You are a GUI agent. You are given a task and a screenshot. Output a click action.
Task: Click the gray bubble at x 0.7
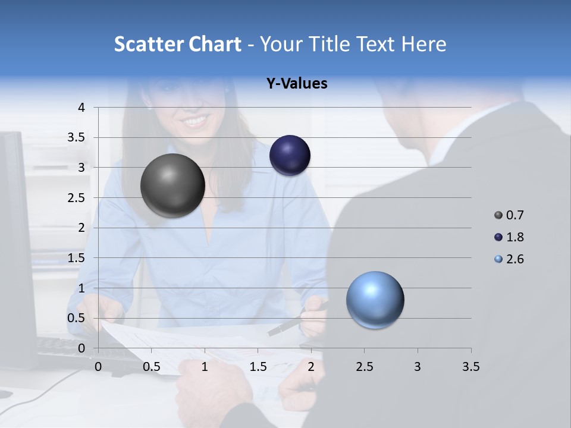point(172,185)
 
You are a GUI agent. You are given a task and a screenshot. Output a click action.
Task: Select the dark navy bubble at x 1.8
point(290,155)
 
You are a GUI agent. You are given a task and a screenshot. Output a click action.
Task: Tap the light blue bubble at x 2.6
point(375,300)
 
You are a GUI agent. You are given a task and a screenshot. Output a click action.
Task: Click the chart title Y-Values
point(296,84)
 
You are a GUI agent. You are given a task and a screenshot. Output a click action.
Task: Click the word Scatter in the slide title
point(148,44)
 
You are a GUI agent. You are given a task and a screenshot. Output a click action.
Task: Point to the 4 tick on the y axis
point(82,107)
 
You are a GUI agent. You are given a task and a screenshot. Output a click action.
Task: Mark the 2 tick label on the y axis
point(82,228)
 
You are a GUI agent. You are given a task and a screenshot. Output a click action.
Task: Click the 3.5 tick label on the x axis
point(470,367)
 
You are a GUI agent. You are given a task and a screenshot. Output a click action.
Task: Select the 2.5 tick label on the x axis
point(364,367)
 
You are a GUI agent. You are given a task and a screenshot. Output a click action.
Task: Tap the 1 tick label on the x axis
point(205,367)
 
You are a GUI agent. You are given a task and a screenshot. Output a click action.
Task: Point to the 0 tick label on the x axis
point(98,367)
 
